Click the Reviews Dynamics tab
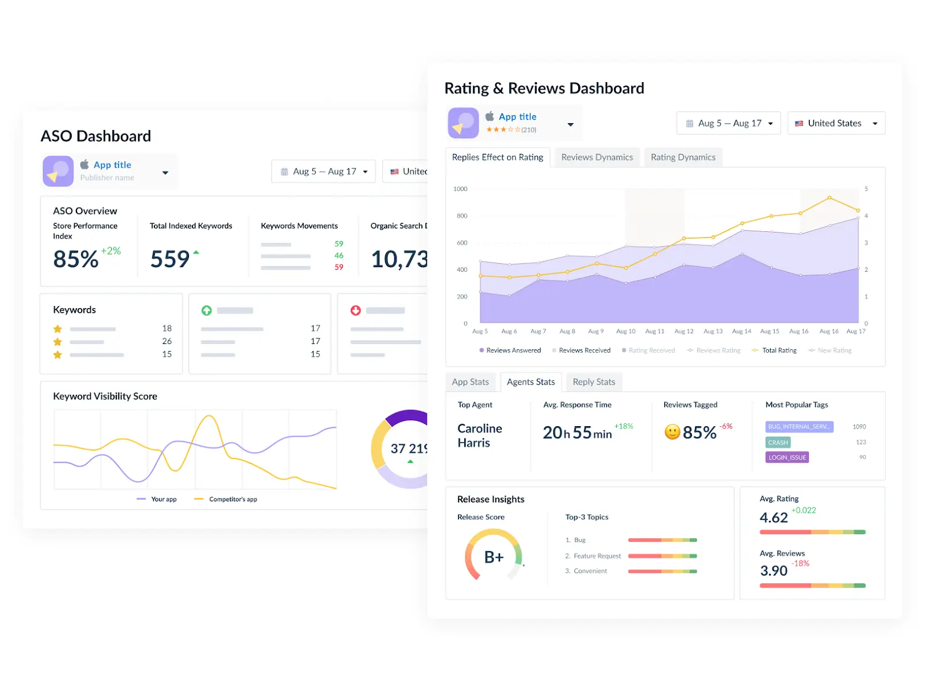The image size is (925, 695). pyautogui.click(x=597, y=157)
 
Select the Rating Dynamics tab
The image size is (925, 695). pyautogui.click(x=683, y=157)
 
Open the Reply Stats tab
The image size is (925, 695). pyautogui.click(x=594, y=382)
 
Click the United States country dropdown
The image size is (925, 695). pyautogui.click(x=836, y=123)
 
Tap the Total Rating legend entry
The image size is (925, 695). pyautogui.click(x=778, y=350)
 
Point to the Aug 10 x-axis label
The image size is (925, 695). pyautogui.click(x=626, y=331)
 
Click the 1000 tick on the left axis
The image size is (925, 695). pyautogui.click(x=460, y=189)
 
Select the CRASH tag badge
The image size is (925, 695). pyautogui.click(x=778, y=443)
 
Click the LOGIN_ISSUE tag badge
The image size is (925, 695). pyautogui.click(x=787, y=458)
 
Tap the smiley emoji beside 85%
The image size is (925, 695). pyautogui.click(x=672, y=432)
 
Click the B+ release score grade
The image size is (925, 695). pyautogui.click(x=494, y=557)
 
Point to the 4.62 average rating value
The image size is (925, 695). pyautogui.click(x=774, y=518)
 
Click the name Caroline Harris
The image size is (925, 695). pyautogui.click(x=479, y=436)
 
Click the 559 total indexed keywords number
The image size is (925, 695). pyautogui.click(x=170, y=260)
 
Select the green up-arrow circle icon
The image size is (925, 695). pyautogui.click(x=206, y=310)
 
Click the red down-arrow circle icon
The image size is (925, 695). pyautogui.click(x=356, y=310)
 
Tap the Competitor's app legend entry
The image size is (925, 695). pyautogui.click(x=232, y=500)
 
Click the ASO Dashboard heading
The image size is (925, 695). pyautogui.click(x=96, y=136)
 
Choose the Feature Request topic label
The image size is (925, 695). pyautogui.click(x=597, y=556)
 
